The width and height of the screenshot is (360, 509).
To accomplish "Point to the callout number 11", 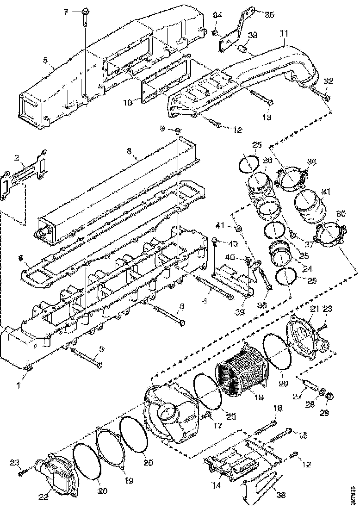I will tap(283, 34).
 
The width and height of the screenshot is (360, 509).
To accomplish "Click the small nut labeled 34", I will tap(216, 33).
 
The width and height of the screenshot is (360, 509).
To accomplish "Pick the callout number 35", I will tap(269, 14).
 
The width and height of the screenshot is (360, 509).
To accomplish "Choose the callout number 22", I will tap(44, 497).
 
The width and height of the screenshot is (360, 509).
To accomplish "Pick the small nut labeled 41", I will tap(237, 228).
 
